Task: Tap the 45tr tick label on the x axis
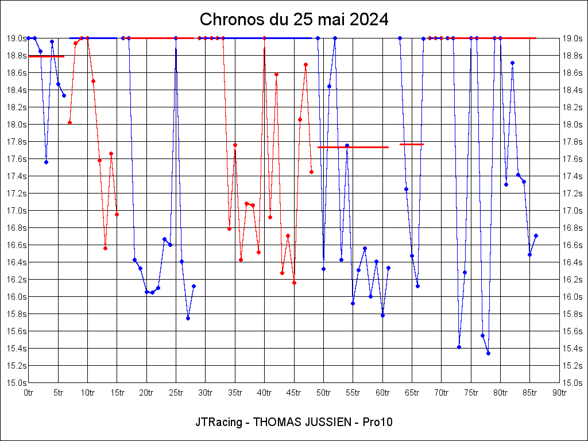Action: [x=294, y=393]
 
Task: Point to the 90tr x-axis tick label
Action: [x=559, y=393]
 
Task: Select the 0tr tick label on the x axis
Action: [x=29, y=393]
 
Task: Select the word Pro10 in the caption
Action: [x=378, y=422]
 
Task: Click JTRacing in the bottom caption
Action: [x=216, y=422]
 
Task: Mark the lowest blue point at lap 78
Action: [x=488, y=353]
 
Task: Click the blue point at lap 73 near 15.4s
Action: [x=459, y=347]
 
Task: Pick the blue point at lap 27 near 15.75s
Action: [x=188, y=318]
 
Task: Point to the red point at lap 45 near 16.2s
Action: [x=294, y=283]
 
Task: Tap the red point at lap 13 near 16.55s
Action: [x=105, y=248]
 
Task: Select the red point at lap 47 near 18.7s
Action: [x=305, y=64]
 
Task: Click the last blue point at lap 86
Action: [x=536, y=235]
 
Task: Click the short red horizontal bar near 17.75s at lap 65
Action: [x=412, y=144]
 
